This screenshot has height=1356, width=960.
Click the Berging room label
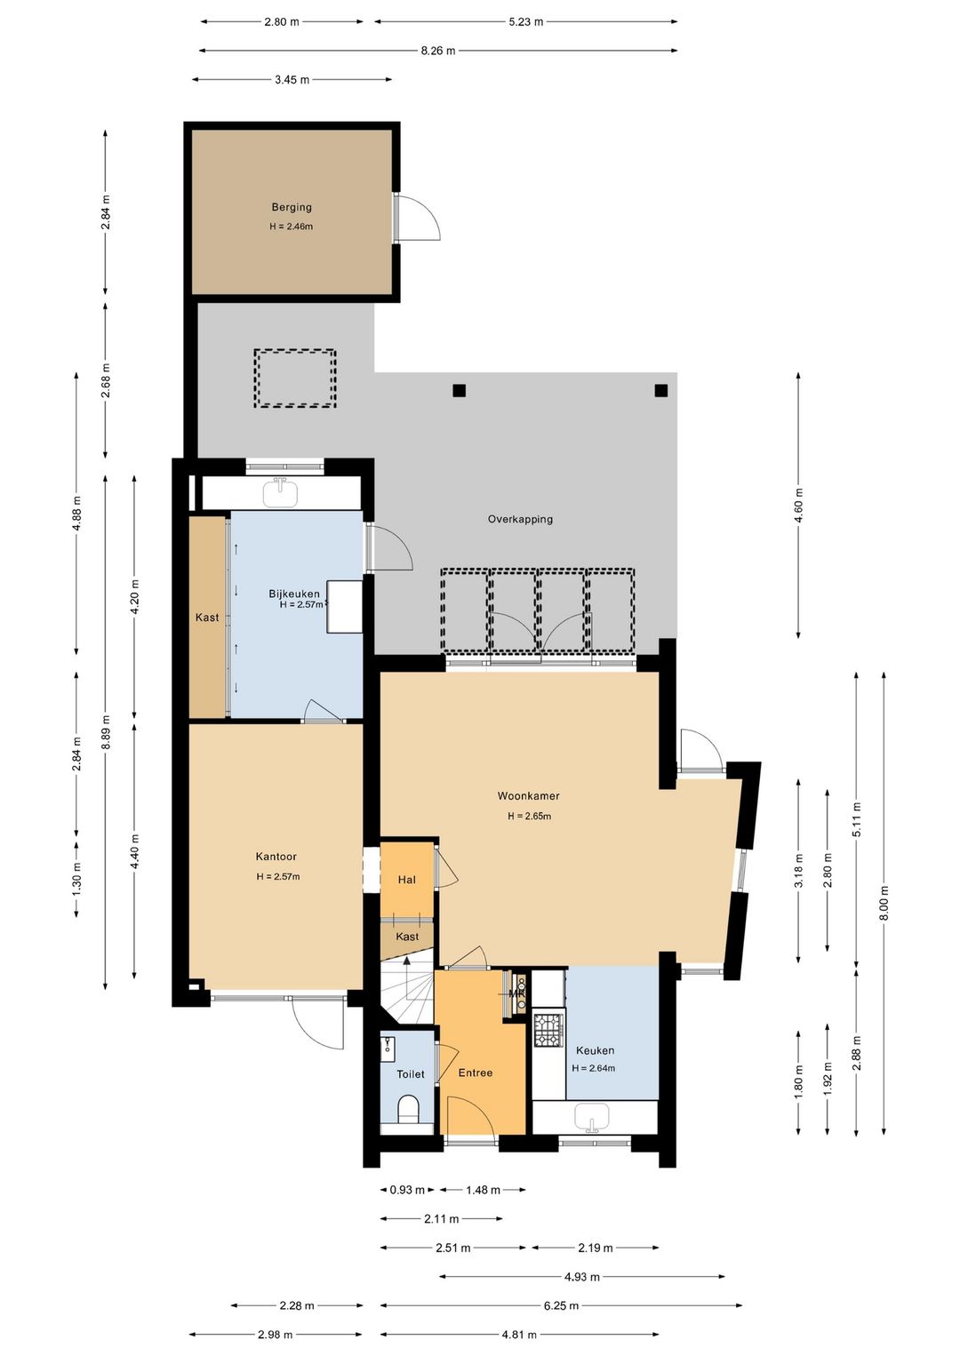coord(292,207)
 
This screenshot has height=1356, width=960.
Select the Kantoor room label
coord(276,856)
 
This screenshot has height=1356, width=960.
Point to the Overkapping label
coord(520,519)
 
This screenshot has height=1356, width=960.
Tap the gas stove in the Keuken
coord(548,1030)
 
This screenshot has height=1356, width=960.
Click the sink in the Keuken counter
coord(592,1117)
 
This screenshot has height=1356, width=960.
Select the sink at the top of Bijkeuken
coord(281,493)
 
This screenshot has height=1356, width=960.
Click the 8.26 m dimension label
coord(438,51)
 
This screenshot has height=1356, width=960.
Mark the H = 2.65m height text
coord(530,816)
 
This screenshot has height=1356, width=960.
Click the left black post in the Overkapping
coord(460,390)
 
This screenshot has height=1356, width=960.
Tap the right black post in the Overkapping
coord(660,390)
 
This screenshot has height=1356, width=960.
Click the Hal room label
coord(406,880)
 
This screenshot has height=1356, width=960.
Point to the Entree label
coord(475,1073)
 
